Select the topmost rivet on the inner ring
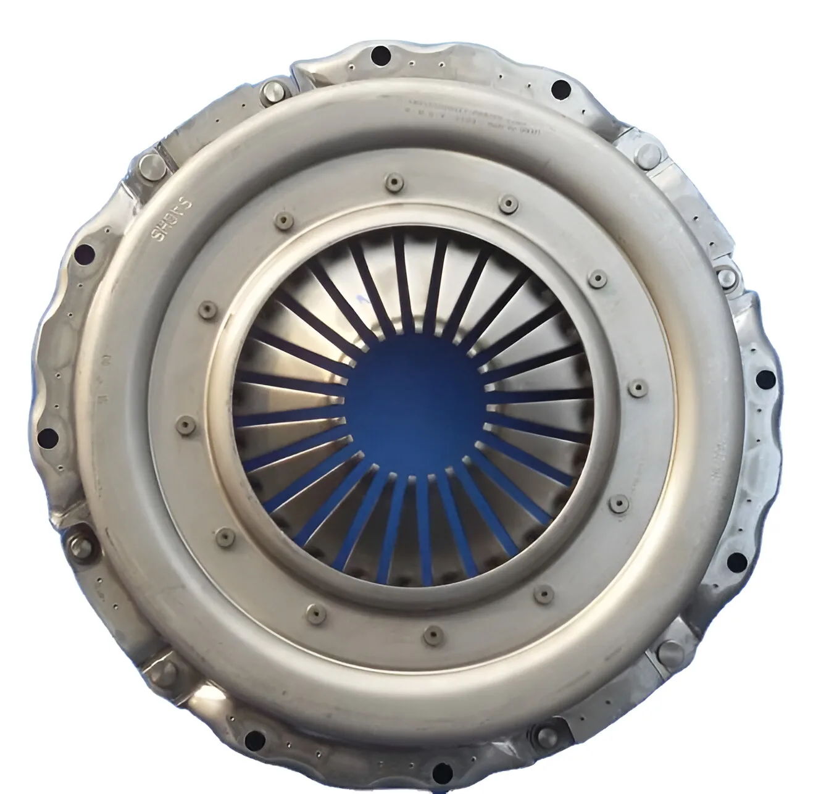(x=391, y=180)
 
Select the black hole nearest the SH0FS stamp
(x=86, y=253)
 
